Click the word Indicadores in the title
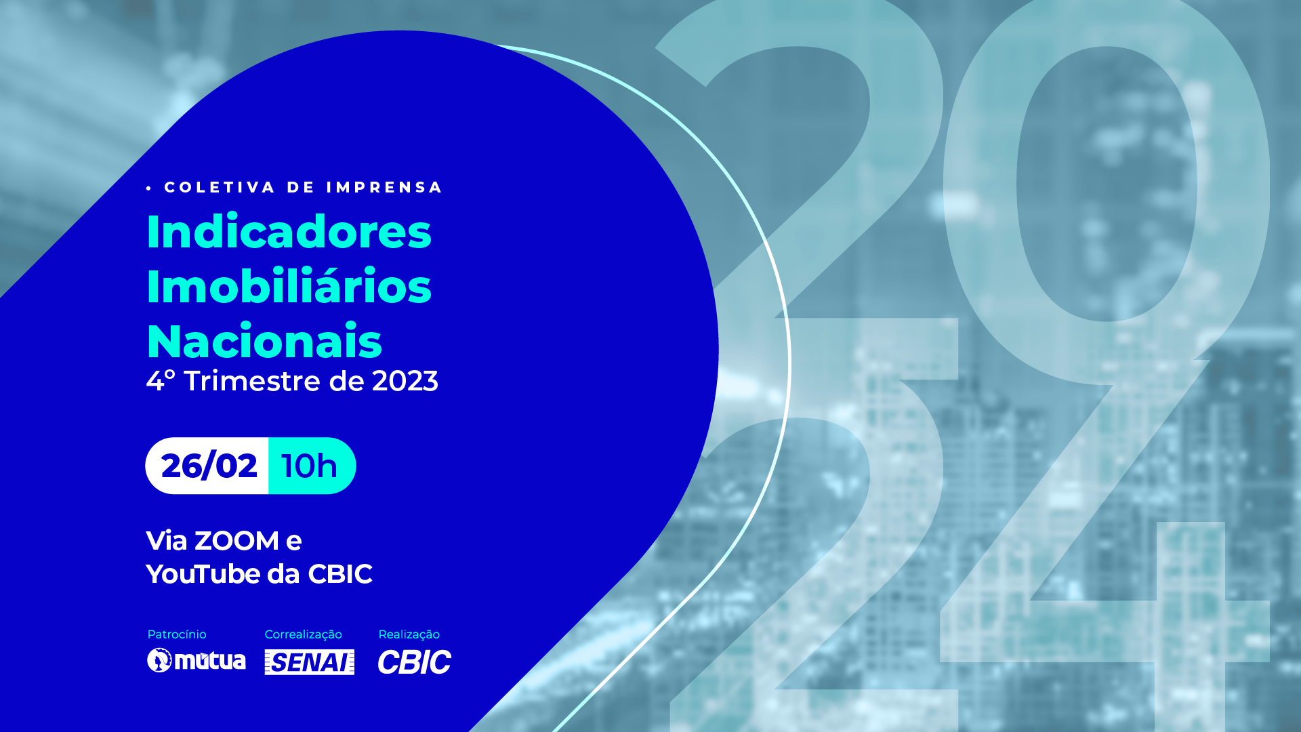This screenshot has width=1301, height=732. coord(289,231)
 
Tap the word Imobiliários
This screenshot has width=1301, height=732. coord(289,285)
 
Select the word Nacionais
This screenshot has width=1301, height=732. coord(264,341)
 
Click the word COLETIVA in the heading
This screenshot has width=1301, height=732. coord(220,187)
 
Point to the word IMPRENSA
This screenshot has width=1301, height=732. coord(384,187)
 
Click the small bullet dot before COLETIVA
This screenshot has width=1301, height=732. coord(149,188)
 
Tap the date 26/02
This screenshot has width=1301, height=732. coord(209,466)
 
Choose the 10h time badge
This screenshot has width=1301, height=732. coord(312,466)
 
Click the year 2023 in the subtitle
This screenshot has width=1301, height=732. coord(405,381)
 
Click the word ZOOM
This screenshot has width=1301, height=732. coord(236,541)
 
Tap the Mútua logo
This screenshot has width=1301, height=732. coord(197,660)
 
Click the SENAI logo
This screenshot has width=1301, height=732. coord(310,662)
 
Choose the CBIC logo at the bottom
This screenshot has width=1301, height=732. coord(415,662)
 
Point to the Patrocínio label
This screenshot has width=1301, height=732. coord(177,634)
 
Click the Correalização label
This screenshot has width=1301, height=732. coord(304,634)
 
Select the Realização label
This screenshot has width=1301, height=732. coord(409,634)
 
